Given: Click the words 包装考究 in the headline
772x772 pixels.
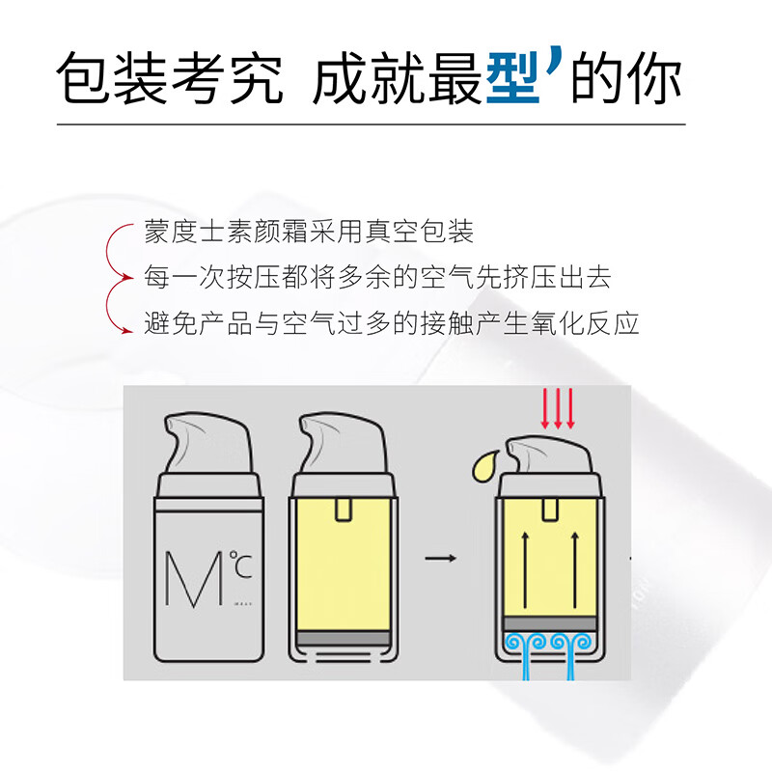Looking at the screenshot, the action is pyautogui.click(x=170, y=78).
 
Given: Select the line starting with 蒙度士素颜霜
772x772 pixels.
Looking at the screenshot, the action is pyautogui.click(x=309, y=232).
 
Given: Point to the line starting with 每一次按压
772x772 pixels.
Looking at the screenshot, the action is pyautogui.click(x=377, y=277).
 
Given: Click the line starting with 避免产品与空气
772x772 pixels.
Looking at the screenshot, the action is pyautogui.click(x=392, y=323).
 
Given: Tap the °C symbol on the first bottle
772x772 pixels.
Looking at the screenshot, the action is pyautogui.click(x=240, y=565).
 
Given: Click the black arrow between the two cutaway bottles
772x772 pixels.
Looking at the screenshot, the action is pyautogui.click(x=441, y=559).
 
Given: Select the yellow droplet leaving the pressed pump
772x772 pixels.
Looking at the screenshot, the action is pyautogui.click(x=484, y=465).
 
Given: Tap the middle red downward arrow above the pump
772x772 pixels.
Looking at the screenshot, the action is pyautogui.click(x=558, y=408).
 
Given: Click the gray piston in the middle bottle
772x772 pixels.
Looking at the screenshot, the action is pyautogui.click(x=344, y=639).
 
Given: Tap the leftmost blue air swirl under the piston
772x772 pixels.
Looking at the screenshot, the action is pyautogui.click(x=515, y=642).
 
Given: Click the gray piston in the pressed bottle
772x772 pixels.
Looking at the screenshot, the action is pyautogui.click(x=550, y=623).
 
